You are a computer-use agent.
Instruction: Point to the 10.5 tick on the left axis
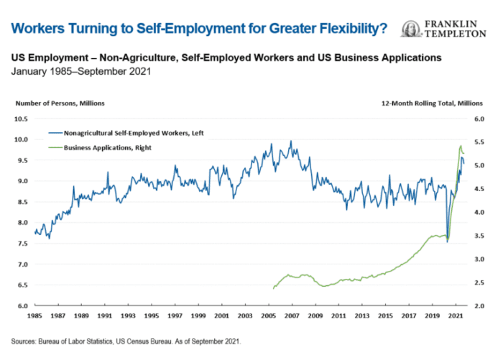(21, 119)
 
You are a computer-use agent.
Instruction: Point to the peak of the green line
(460, 146)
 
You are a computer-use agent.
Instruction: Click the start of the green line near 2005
(274, 289)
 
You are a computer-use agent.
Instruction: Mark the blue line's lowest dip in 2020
(447, 241)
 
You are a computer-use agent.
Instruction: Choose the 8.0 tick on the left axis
(21, 223)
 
